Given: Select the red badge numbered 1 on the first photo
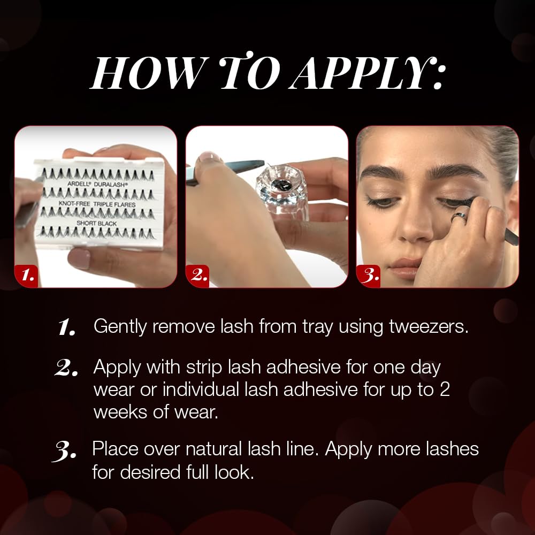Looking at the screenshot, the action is (x=27, y=276).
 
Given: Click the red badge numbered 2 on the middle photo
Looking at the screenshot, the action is (x=197, y=276).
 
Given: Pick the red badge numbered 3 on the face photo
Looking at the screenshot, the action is (x=369, y=276).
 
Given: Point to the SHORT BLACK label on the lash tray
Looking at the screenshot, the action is (x=96, y=223).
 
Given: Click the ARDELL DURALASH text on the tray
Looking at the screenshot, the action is (x=97, y=184).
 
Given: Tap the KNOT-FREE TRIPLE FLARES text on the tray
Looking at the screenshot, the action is (x=97, y=204).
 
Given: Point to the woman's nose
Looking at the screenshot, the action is (x=416, y=225).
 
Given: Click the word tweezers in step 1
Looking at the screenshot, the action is (x=429, y=326).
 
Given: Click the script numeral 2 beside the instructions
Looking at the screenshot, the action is (x=65, y=368).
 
